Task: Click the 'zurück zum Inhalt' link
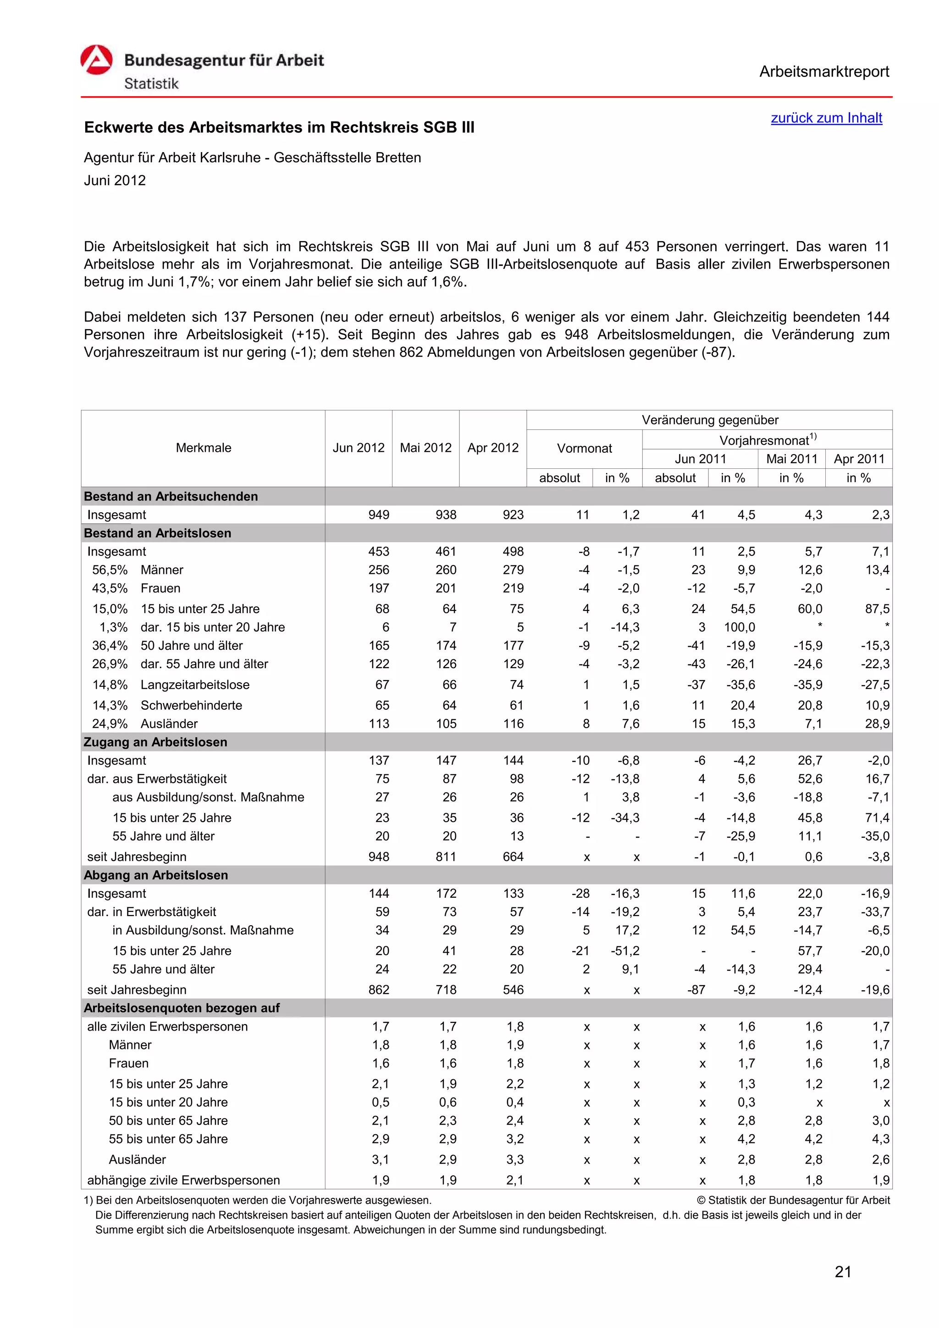point(826,118)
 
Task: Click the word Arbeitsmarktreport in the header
point(824,72)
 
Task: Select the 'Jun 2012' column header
point(358,448)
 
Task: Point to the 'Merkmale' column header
point(203,448)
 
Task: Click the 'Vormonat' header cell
point(584,448)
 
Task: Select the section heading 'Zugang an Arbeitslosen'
point(155,742)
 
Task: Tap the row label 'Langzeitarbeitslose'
point(195,685)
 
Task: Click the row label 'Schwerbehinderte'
point(191,705)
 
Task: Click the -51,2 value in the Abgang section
point(625,951)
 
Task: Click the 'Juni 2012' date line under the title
point(115,181)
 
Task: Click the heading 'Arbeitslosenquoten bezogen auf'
point(181,1008)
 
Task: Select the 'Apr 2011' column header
point(859,459)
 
